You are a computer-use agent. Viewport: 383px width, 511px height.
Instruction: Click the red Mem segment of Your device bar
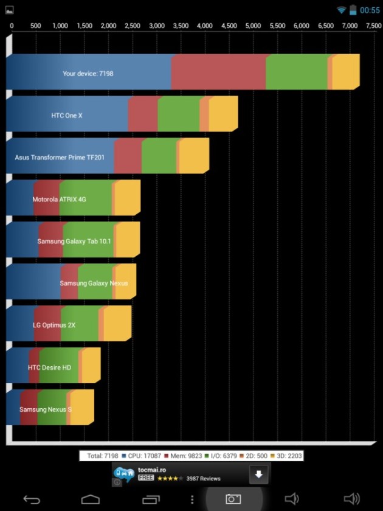coord(218,72)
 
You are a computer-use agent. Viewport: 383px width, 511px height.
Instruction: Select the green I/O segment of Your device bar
coord(297,72)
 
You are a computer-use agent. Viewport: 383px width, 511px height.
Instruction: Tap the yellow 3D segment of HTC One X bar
coord(223,114)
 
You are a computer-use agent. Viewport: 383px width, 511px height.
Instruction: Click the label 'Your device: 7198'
coord(88,74)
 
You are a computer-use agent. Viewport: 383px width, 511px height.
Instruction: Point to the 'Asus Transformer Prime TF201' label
coord(60,157)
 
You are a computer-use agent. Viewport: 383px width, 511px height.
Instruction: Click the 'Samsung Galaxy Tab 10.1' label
coord(74,241)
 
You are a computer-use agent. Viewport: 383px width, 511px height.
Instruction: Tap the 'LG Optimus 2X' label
coord(54,325)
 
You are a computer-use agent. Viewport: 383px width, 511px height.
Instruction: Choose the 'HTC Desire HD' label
coord(49,367)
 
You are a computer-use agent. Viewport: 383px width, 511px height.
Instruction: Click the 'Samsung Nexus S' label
coord(46,409)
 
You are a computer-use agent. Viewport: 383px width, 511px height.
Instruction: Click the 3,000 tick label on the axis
coord(156,26)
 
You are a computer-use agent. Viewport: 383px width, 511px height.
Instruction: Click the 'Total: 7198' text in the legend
coord(102,456)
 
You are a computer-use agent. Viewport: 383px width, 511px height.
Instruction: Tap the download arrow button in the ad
coord(258,474)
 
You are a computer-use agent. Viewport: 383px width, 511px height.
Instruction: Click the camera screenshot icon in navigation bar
coord(233,499)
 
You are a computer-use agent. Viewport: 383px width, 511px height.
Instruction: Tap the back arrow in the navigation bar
coord(32,499)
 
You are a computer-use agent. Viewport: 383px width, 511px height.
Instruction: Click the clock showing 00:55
coord(370,10)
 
